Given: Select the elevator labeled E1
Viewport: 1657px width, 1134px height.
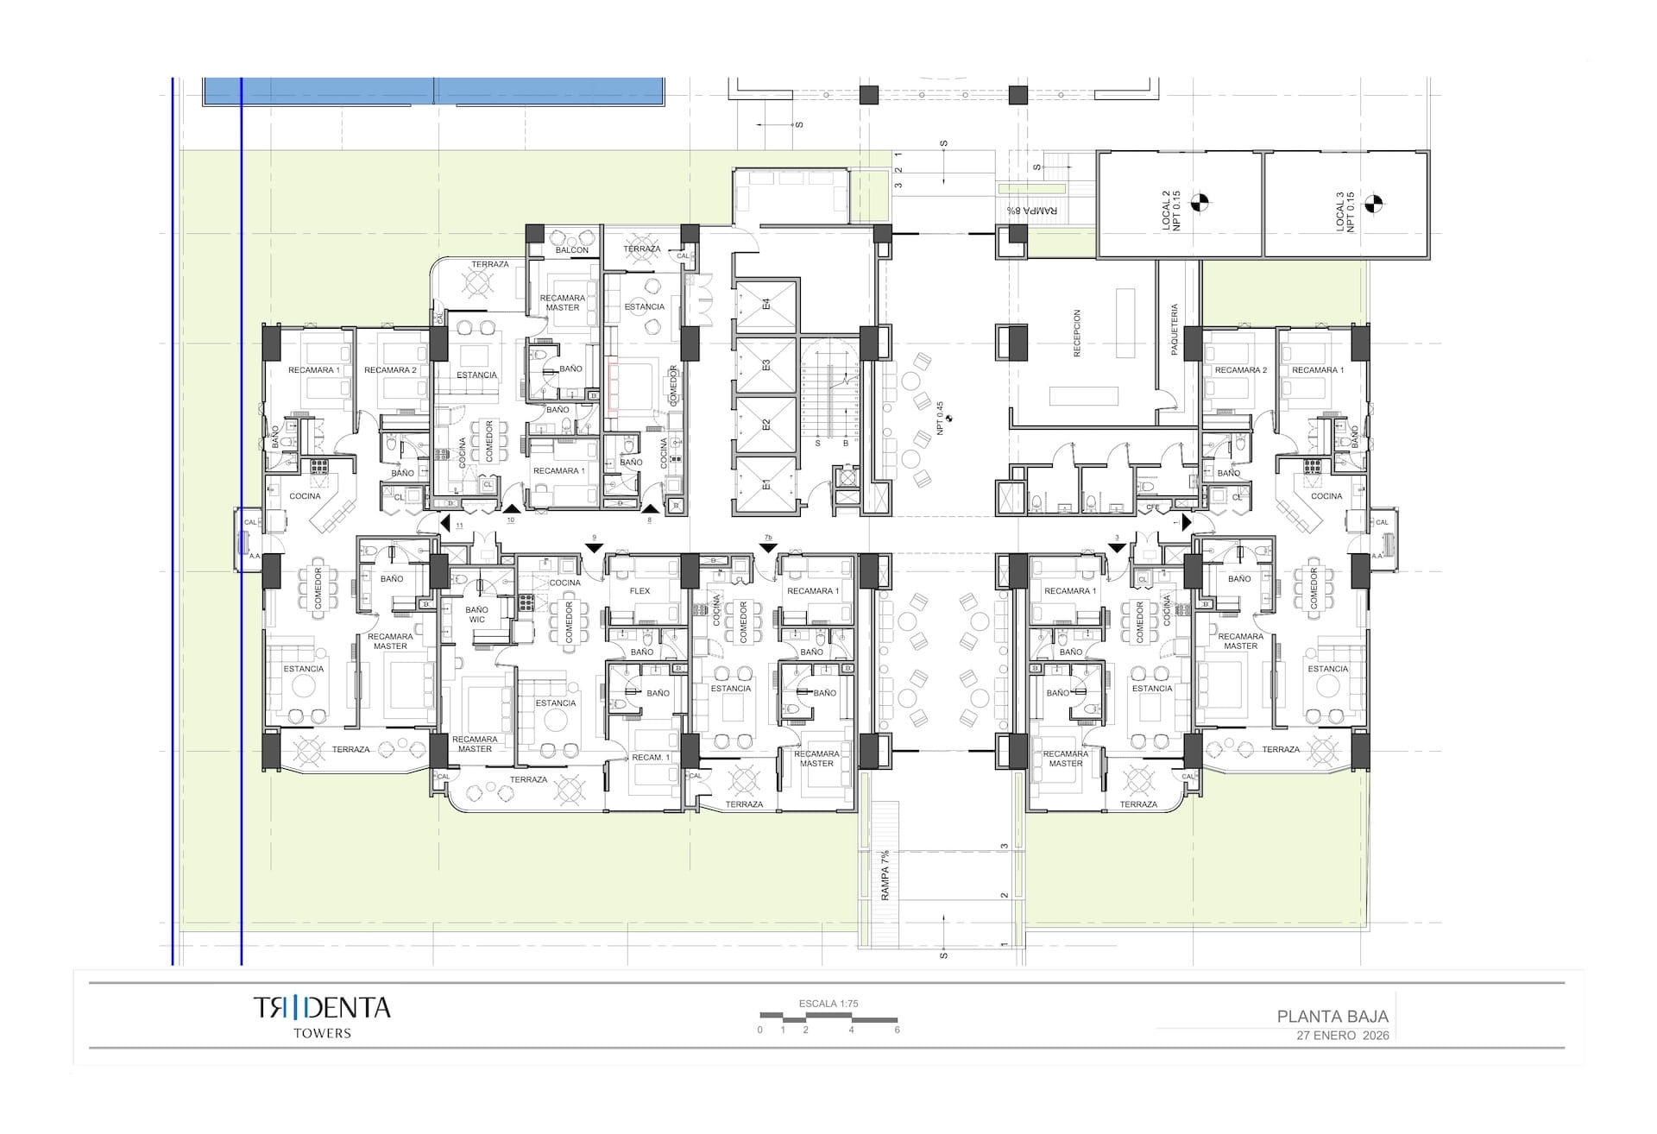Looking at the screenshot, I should pyautogui.click(x=765, y=486).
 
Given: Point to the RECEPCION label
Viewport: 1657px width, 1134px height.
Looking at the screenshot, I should pyautogui.click(x=1076, y=334).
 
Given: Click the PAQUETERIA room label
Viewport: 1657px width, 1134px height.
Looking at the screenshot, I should pyautogui.click(x=1175, y=329).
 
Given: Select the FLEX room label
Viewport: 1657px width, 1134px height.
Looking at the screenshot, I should pyautogui.click(x=639, y=591).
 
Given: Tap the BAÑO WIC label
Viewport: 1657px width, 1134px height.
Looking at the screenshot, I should pyautogui.click(x=476, y=614).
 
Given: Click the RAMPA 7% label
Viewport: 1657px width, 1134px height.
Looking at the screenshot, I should pyautogui.click(x=885, y=875).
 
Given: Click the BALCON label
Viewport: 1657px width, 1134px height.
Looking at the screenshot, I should pyautogui.click(x=571, y=250).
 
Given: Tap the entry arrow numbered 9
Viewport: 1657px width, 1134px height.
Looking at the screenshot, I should pyautogui.click(x=594, y=547).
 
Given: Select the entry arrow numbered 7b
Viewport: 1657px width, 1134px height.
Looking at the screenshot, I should pyautogui.click(x=768, y=547).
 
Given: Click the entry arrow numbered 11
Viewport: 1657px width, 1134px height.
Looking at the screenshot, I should pyautogui.click(x=445, y=523).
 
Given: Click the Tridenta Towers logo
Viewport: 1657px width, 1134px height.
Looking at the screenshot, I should pyautogui.click(x=322, y=1015).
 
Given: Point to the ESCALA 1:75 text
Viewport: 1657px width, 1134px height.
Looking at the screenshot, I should pyautogui.click(x=828, y=1004).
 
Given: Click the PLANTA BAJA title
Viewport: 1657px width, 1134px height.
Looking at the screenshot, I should pyautogui.click(x=1333, y=1017).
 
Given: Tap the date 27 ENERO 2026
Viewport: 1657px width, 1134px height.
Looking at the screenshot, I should pyautogui.click(x=1343, y=1036).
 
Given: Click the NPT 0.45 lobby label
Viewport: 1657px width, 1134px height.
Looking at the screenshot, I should pyautogui.click(x=941, y=418).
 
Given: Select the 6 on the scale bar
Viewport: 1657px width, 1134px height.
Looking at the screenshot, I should pyautogui.click(x=897, y=1030).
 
